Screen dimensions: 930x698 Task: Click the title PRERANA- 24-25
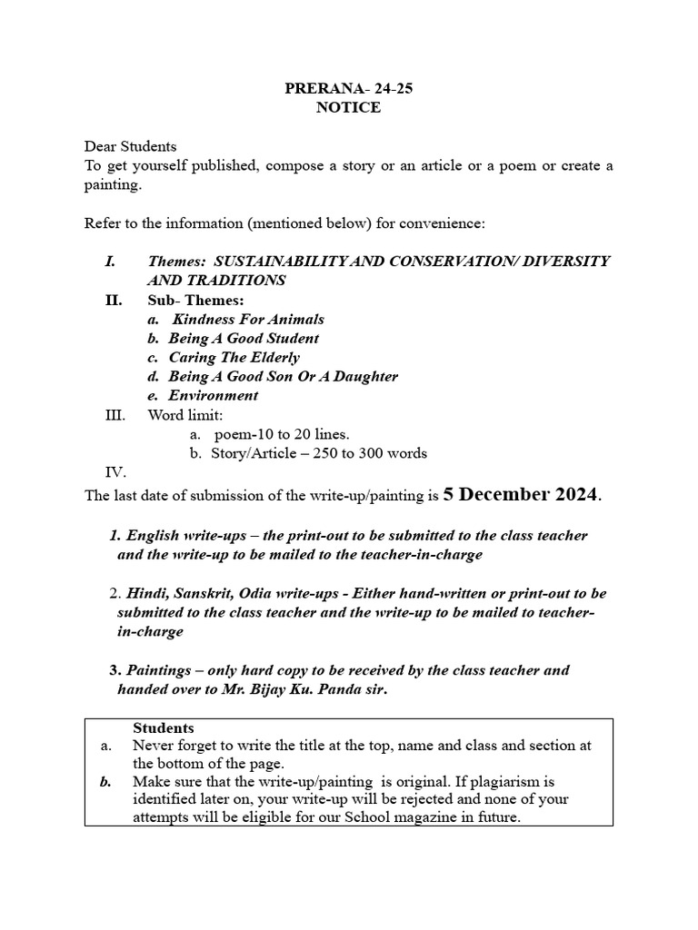click(x=348, y=90)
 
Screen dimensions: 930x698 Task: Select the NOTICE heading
click(x=348, y=108)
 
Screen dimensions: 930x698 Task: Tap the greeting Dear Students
click(x=131, y=146)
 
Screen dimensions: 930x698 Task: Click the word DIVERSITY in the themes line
click(x=567, y=262)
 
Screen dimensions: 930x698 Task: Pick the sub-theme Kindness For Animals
click(x=247, y=319)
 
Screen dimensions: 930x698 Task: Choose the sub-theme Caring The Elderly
click(x=234, y=357)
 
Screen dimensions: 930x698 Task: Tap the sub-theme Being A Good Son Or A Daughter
click(x=283, y=376)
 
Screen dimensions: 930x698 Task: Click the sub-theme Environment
click(x=213, y=395)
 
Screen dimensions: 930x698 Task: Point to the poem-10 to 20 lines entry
click(x=281, y=434)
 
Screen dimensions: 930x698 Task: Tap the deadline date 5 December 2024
click(x=520, y=495)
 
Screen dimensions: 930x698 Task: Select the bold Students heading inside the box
click(x=164, y=728)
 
